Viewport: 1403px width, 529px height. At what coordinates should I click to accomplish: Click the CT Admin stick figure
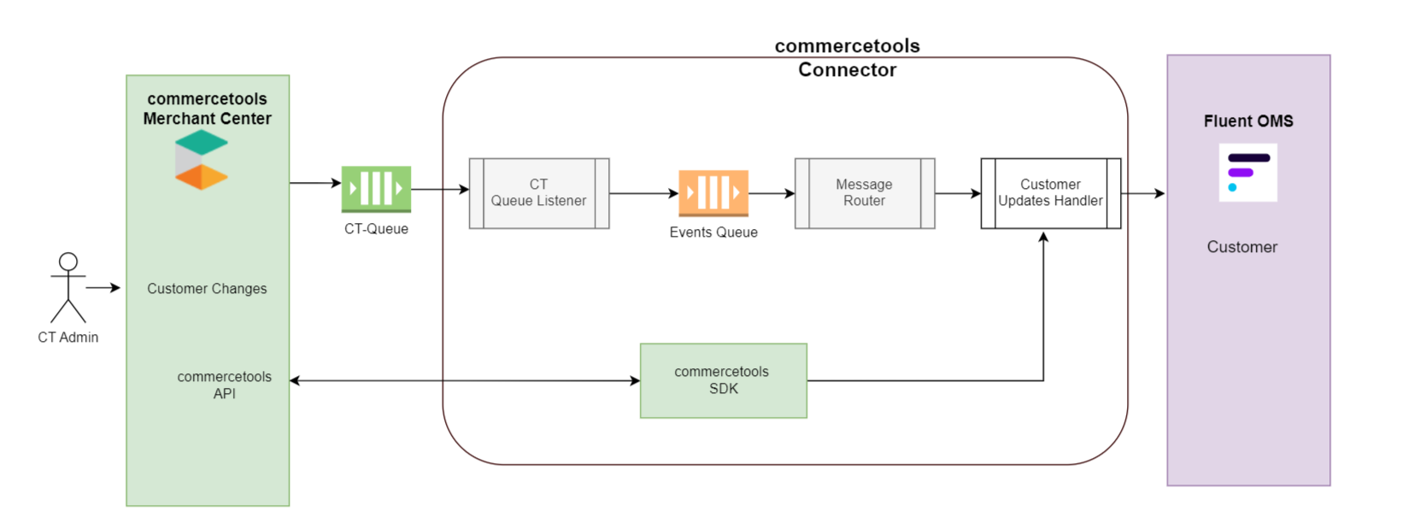coord(68,287)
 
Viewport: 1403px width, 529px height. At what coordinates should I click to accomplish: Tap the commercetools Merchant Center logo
coord(202,160)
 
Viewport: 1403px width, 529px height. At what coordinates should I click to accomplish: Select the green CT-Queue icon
coord(376,189)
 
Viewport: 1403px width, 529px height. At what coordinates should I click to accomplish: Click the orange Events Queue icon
coord(713,192)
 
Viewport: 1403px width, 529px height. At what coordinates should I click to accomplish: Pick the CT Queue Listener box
coord(539,193)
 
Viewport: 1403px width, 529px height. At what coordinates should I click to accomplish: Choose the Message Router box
coord(865,193)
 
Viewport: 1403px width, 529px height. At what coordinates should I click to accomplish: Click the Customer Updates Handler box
coord(1050,193)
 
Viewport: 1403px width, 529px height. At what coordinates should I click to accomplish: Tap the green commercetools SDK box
coord(723,380)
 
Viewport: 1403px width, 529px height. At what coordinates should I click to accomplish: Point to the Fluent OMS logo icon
coord(1247,173)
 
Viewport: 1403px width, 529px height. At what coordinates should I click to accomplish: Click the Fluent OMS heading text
coord(1248,121)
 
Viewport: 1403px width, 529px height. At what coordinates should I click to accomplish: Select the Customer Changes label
coord(207,289)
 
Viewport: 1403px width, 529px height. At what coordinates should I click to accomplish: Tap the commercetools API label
coord(224,385)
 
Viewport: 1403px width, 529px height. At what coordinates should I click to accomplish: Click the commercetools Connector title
coord(847,58)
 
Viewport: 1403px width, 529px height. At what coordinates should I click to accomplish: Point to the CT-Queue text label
coord(376,229)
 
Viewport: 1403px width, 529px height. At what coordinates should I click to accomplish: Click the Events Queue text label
coord(713,232)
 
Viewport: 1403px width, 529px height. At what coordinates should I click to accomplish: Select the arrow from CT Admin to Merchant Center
coord(103,288)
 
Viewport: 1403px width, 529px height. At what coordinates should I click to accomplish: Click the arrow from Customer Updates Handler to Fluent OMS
coord(1143,194)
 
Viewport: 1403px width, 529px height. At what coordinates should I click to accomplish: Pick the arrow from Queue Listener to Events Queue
coord(643,194)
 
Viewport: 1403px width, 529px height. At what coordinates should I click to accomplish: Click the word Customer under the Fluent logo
coord(1242,247)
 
